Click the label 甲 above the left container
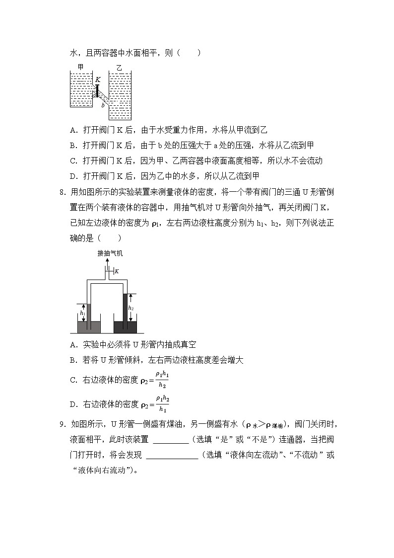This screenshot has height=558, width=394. (80, 67)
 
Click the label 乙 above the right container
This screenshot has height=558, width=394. (119, 67)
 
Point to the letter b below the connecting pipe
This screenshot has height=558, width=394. (103, 105)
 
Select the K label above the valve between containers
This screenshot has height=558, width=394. (98, 79)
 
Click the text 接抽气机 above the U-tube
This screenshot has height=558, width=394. (110, 253)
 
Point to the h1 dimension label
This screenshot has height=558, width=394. (83, 314)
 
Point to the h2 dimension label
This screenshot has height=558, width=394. (131, 308)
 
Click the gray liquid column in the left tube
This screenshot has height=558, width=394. (89, 313)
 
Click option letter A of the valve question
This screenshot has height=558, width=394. (73, 130)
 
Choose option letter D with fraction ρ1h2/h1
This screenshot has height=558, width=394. (73, 404)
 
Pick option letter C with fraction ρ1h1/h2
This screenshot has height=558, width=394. (73, 380)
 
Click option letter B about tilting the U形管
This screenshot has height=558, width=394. (73, 360)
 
